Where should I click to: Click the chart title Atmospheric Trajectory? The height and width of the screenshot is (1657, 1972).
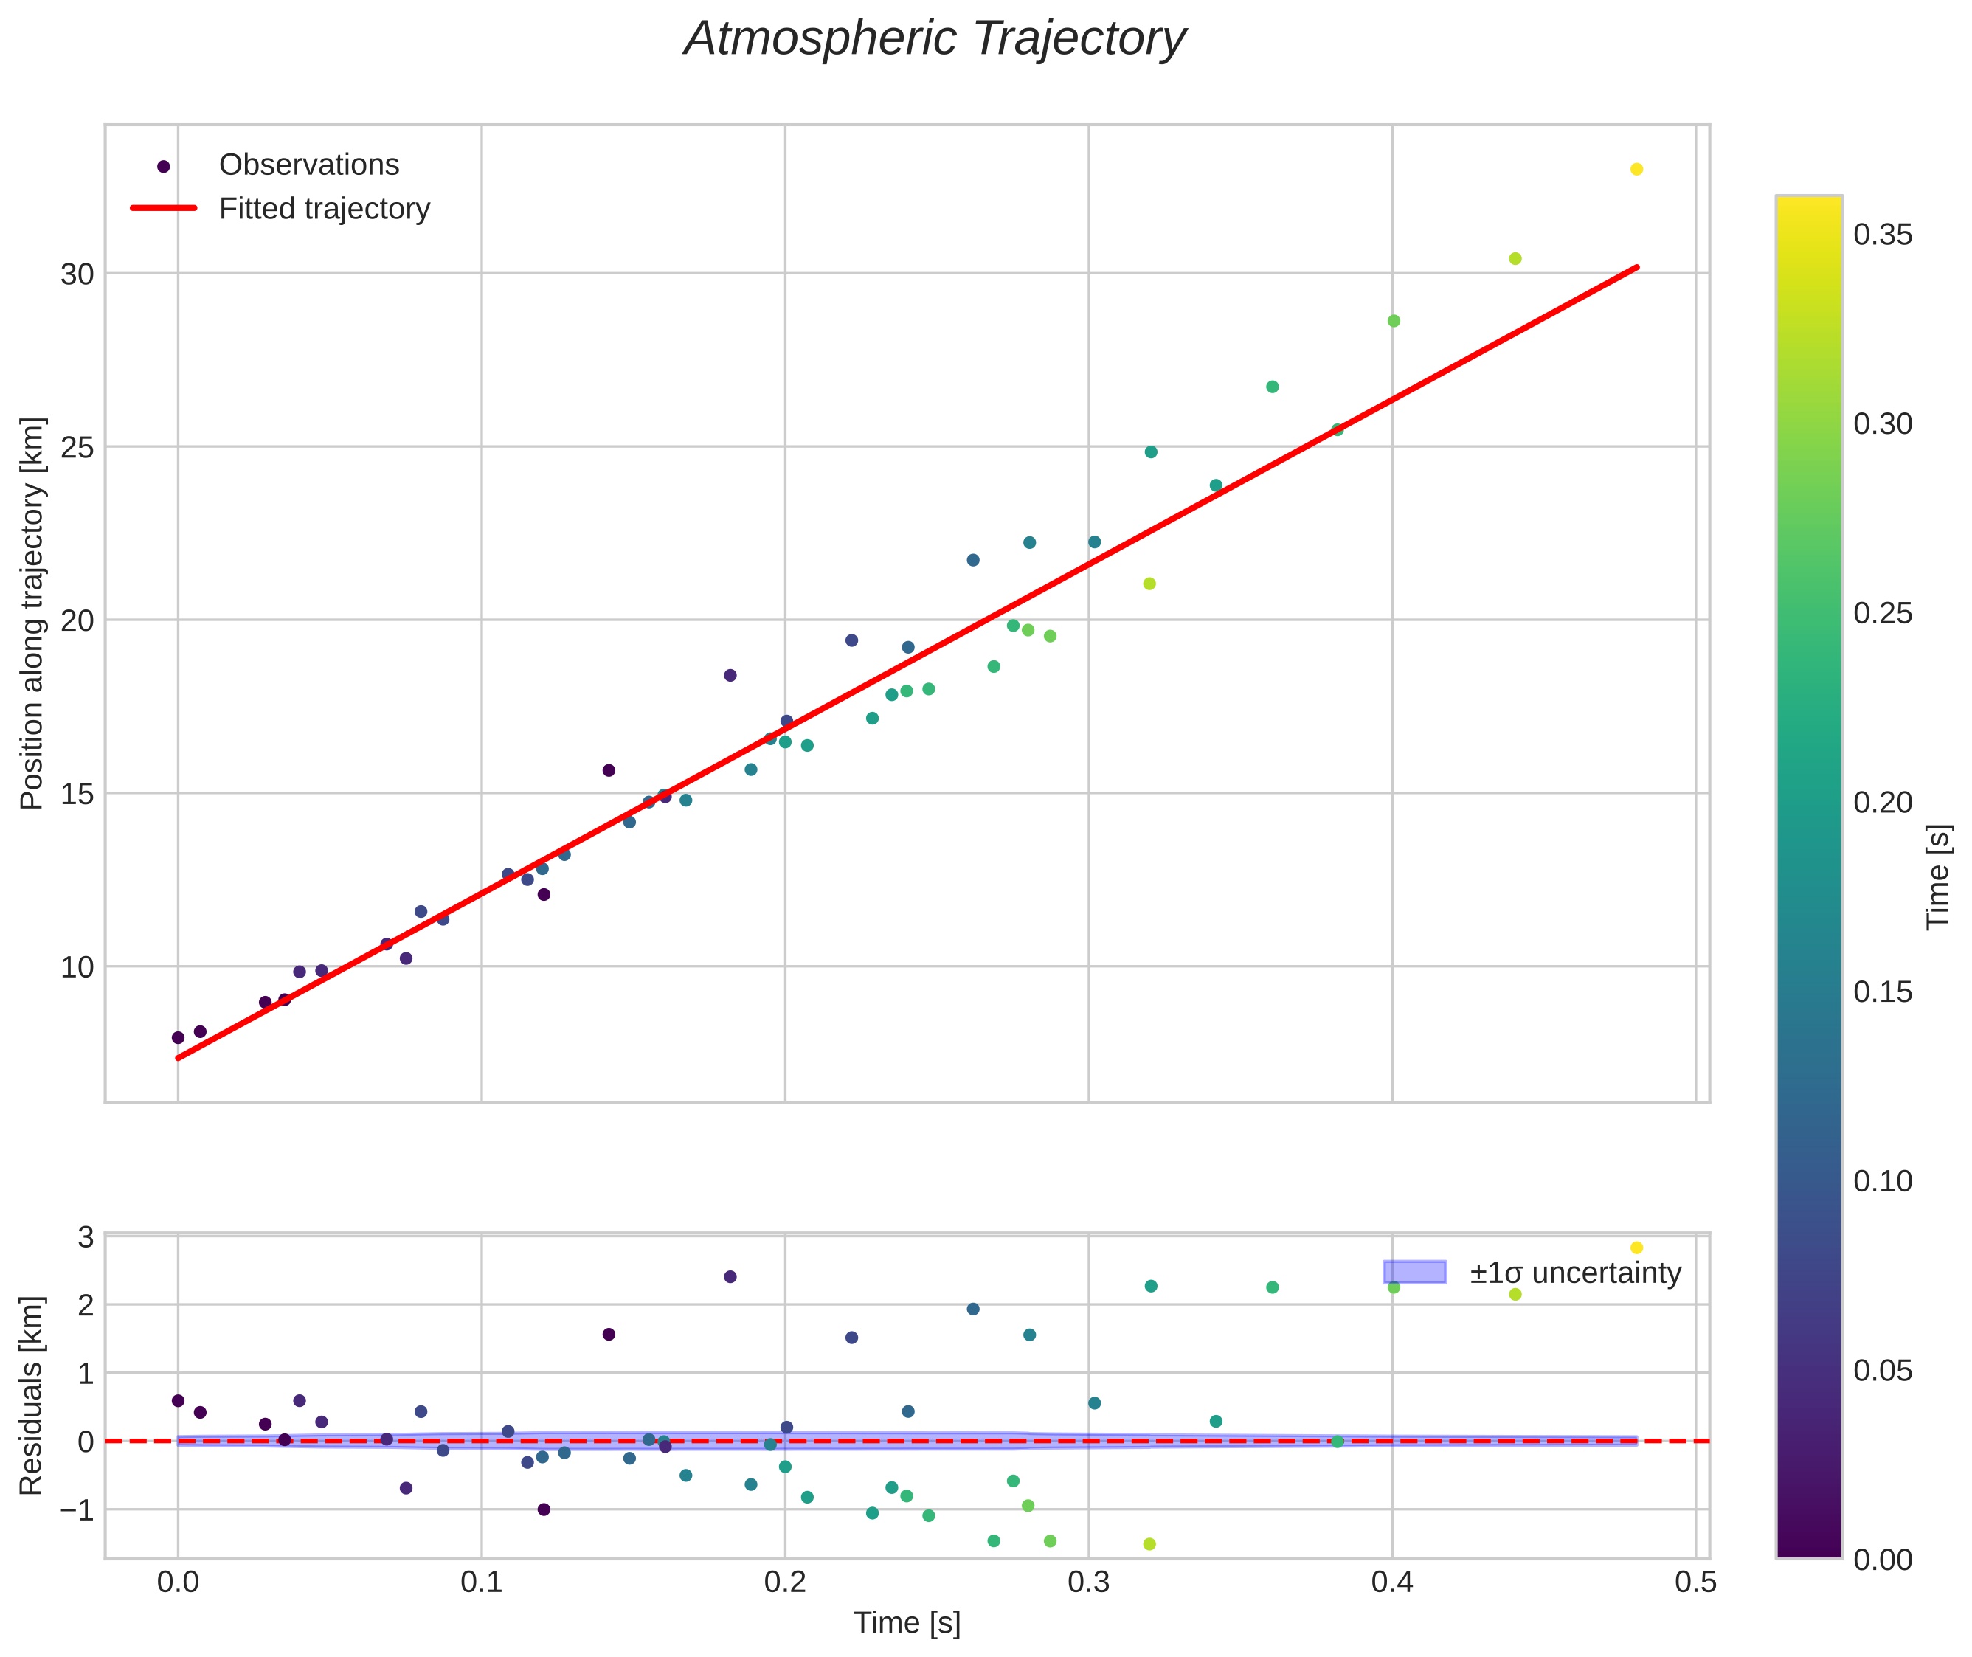(x=935, y=39)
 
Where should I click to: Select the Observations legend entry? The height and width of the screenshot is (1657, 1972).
(x=308, y=165)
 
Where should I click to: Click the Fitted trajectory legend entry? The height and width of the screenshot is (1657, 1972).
(x=324, y=209)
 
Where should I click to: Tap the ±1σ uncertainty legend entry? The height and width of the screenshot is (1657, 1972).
(x=1574, y=1273)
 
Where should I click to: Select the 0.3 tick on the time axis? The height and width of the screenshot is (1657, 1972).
(x=1088, y=1582)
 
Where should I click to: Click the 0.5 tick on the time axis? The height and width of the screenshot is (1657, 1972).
(x=1695, y=1582)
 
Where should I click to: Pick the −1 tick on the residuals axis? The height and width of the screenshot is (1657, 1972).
(x=77, y=1510)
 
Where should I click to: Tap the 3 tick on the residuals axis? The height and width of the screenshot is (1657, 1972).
(x=86, y=1237)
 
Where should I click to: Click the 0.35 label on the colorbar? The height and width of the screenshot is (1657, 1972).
(x=1883, y=235)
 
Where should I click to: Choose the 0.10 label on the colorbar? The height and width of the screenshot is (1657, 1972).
(x=1883, y=1180)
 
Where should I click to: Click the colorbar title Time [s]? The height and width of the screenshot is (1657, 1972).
(x=1939, y=876)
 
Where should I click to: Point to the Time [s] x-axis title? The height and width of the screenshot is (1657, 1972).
(x=907, y=1623)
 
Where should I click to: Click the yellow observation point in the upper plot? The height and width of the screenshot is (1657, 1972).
(x=1636, y=169)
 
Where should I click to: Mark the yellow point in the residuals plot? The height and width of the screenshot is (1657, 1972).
(x=1636, y=1248)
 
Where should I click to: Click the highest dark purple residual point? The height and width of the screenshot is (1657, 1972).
(x=730, y=1276)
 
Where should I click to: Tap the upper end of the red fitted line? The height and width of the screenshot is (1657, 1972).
(x=1636, y=268)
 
